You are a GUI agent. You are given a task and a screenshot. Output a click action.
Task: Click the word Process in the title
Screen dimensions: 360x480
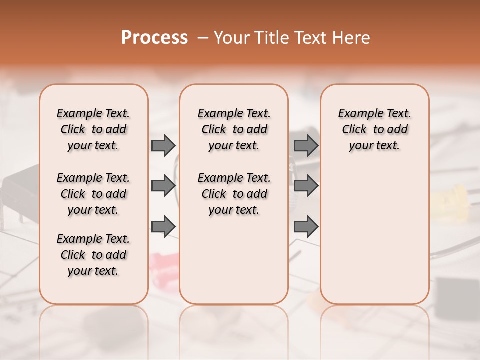pyautogui.click(x=154, y=38)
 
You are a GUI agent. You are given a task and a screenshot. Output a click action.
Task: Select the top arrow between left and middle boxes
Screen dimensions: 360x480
pyautogui.click(x=163, y=145)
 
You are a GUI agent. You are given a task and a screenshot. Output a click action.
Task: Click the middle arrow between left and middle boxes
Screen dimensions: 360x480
pyautogui.click(x=163, y=186)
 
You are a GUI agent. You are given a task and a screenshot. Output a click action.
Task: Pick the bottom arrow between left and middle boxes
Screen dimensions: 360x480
pyautogui.click(x=163, y=226)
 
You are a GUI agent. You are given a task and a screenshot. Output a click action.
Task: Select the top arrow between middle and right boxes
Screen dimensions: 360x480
pyautogui.click(x=306, y=145)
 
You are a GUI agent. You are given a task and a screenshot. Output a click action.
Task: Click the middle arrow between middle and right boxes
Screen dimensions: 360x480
pyautogui.click(x=306, y=186)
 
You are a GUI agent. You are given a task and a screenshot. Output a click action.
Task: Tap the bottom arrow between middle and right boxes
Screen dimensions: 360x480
pyautogui.click(x=306, y=226)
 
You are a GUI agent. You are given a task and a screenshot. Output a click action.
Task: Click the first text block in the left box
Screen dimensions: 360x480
pyautogui.click(x=93, y=129)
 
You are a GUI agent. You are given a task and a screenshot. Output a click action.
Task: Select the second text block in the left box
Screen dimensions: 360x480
pyautogui.click(x=93, y=194)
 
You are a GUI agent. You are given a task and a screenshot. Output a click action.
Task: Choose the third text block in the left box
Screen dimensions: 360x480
pyautogui.click(x=93, y=255)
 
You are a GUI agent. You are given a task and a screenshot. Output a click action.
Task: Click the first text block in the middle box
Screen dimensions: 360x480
pyautogui.click(x=234, y=129)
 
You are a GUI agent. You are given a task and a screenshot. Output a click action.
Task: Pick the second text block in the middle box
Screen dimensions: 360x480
pyautogui.click(x=234, y=194)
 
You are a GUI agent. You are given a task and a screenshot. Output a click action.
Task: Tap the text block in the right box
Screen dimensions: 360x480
pyautogui.click(x=375, y=129)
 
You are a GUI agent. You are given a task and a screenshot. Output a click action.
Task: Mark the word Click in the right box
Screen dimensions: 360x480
pyautogui.click(x=354, y=129)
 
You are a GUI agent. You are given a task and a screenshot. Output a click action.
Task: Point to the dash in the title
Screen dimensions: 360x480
pyautogui.click(x=202, y=38)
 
